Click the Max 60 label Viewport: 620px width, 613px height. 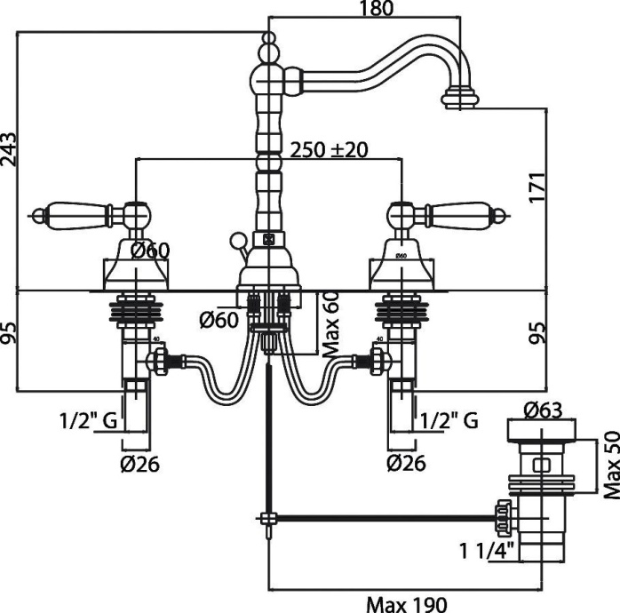pyautogui.click(x=332, y=325)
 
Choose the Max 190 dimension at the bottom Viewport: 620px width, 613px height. pyautogui.click(x=404, y=602)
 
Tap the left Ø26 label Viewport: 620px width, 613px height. pyautogui.click(x=140, y=463)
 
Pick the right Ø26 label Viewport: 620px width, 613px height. pyautogui.click(x=407, y=463)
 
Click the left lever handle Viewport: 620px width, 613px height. pyautogui.click(x=76, y=213)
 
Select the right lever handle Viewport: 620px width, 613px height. pyautogui.click(x=457, y=213)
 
